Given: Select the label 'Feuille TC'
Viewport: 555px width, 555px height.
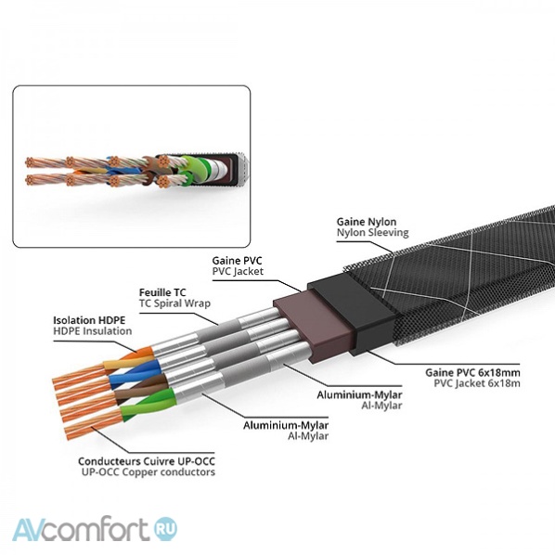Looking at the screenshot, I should click(161, 290).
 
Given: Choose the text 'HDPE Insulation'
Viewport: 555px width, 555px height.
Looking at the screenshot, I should click(93, 330).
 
